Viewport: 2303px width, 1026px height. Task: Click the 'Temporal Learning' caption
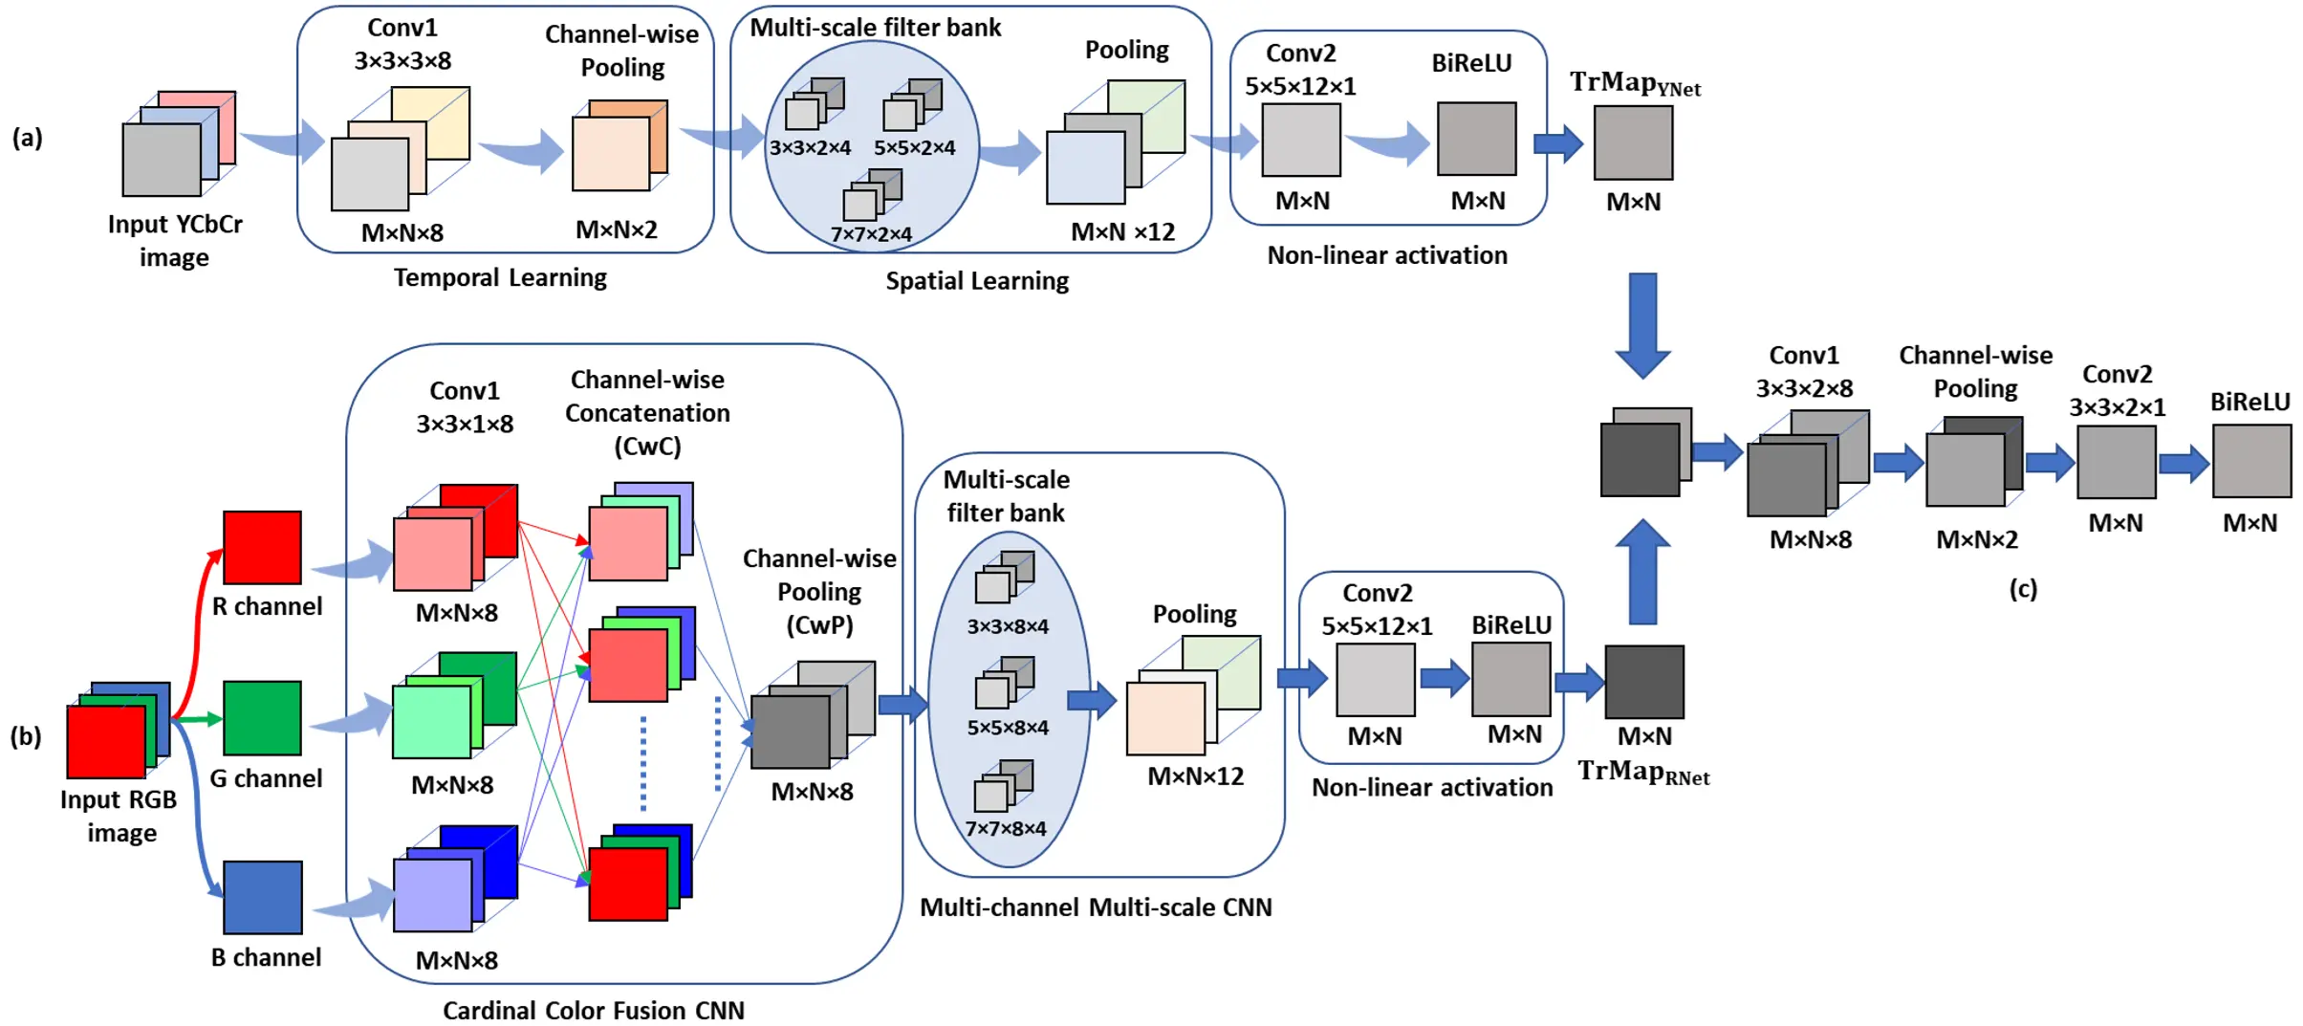[500, 277]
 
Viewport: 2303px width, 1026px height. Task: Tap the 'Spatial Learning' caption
[976, 280]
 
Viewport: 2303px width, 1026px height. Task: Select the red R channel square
[262, 547]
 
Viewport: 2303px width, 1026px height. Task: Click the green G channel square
[262, 717]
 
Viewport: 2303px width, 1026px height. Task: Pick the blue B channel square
[263, 897]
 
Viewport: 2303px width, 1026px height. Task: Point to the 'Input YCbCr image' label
[174, 240]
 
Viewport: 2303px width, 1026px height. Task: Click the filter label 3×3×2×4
[809, 148]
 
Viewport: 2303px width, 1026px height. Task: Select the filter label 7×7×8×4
[1005, 828]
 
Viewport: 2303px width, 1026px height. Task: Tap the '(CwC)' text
[647, 446]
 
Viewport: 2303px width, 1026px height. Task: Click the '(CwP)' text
[819, 624]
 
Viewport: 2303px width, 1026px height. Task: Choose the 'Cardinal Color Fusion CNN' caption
[593, 1010]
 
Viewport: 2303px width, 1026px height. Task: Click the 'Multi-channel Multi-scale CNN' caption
[1096, 906]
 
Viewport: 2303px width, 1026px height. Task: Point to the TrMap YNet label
[1634, 84]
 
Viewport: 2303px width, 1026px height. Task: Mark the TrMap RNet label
[1642, 772]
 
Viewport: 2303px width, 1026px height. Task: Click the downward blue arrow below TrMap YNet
[1642, 325]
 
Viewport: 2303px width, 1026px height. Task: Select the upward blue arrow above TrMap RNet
[1642, 572]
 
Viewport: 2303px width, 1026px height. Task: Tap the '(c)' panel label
[2023, 588]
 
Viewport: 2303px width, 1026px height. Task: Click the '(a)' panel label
[27, 138]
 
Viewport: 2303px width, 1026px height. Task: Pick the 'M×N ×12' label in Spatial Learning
[1122, 232]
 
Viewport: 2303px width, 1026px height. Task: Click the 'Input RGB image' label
[119, 816]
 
